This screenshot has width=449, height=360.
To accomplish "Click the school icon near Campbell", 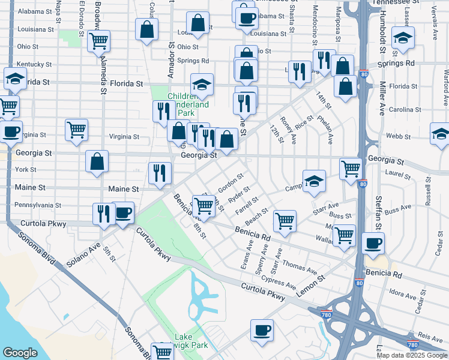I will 313,183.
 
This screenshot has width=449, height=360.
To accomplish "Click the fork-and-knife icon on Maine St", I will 159,173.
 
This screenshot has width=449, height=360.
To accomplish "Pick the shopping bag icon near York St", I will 97,162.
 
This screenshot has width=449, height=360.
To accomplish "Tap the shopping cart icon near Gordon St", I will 204,206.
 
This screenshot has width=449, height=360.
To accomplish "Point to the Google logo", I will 20,353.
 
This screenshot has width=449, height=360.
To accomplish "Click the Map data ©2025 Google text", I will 411,355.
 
